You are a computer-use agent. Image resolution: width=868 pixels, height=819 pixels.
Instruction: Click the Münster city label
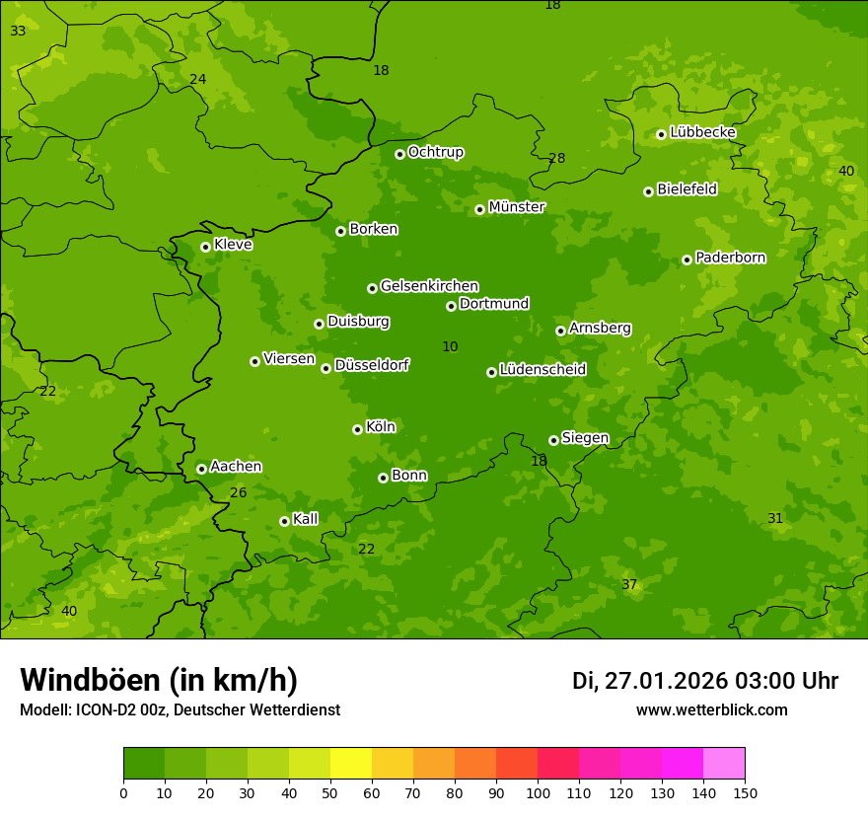(x=517, y=207)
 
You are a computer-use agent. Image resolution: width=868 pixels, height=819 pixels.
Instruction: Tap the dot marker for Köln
(x=357, y=429)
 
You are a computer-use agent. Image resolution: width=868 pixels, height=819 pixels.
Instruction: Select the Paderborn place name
(x=730, y=258)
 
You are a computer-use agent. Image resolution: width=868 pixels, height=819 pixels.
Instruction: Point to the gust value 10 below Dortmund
(x=450, y=346)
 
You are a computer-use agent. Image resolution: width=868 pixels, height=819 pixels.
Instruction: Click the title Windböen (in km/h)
(x=159, y=680)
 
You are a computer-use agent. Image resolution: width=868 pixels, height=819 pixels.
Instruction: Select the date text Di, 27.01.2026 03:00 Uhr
(x=705, y=681)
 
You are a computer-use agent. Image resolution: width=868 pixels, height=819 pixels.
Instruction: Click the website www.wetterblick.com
(x=711, y=709)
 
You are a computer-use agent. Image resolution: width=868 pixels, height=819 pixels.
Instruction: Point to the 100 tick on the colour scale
(x=538, y=792)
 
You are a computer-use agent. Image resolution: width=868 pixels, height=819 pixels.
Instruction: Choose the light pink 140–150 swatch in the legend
(x=724, y=764)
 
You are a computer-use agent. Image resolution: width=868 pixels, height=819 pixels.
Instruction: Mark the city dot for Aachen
(x=201, y=469)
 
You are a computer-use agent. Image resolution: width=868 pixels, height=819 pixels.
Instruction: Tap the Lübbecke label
(x=702, y=132)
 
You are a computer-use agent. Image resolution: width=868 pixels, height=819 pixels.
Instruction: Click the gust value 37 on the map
(x=629, y=584)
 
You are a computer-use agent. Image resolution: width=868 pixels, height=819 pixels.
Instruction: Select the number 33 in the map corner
(x=18, y=31)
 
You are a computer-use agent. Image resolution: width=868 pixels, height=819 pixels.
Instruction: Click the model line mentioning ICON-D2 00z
(x=180, y=709)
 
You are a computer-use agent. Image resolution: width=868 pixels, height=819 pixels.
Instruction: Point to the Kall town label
(x=306, y=519)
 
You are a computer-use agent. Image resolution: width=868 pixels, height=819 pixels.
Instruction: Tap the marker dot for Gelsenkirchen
(x=372, y=288)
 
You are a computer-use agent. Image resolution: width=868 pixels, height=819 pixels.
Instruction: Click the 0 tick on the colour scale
(x=123, y=792)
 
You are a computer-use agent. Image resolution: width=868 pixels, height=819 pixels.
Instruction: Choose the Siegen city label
(x=585, y=438)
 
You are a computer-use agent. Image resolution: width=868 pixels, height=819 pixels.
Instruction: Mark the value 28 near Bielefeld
(x=557, y=158)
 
